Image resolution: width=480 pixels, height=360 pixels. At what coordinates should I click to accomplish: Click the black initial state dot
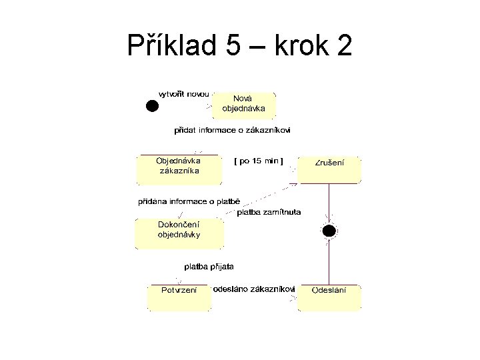click(x=152, y=105)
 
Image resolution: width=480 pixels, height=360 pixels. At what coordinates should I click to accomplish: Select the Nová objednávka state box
click(x=243, y=104)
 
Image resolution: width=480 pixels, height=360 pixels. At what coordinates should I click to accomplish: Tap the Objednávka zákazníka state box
click(x=177, y=169)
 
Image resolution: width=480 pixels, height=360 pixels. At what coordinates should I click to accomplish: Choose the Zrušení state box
click(x=329, y=169)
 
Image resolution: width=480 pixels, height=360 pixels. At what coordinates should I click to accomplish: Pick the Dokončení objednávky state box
click(x=179, y=233)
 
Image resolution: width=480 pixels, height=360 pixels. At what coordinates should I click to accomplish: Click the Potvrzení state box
click(x=179, y=297)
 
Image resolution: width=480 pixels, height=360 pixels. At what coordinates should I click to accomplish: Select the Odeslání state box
click(x=329, y=297)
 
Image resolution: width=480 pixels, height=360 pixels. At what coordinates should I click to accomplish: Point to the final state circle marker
click(x=329, y=231)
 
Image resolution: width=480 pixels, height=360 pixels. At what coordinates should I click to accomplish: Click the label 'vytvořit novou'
click(x=183, y=94)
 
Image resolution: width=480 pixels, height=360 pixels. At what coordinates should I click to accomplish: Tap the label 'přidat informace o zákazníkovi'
click(x=233, y=131)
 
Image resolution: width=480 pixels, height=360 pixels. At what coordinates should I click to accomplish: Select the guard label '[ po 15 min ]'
click(x=259, y=161)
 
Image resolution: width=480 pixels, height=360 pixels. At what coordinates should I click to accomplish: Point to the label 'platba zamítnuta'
click(x=269, y=212)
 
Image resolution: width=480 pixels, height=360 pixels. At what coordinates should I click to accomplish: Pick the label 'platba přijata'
click(x=209, y=267)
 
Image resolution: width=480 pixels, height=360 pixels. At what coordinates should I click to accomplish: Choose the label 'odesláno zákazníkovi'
click(x=253, y=289)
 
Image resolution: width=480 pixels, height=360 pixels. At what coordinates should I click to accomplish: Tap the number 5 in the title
click(x=233, y=46)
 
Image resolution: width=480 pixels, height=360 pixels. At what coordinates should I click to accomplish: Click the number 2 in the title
click(x=345, y=46)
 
